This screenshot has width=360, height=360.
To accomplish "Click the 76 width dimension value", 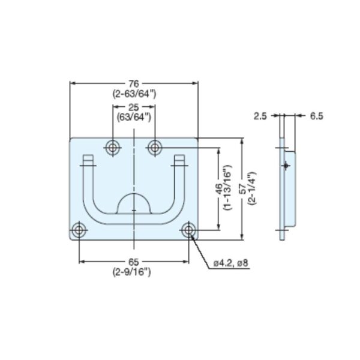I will tap(134, 84).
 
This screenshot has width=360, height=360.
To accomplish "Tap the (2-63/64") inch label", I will tap(134, 94).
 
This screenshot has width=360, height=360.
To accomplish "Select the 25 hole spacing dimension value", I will tap(134, 106).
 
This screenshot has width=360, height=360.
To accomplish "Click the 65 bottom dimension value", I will tap(134, 262).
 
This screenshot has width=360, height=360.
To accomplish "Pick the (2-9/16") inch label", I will tap(134, 272).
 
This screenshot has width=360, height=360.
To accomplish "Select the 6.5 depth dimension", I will tap(316, 116).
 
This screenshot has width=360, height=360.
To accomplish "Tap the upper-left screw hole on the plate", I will tap(112, 147).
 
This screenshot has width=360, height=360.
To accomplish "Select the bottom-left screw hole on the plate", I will tap(79, 230).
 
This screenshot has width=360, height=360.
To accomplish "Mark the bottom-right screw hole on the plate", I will tap(189, 230).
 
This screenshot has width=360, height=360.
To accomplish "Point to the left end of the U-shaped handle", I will tap(88, 161).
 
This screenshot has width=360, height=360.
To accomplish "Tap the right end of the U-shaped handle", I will tap(179, 161).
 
